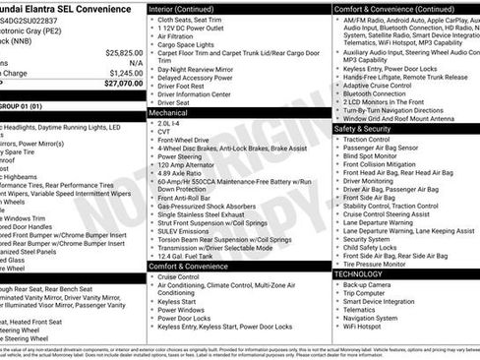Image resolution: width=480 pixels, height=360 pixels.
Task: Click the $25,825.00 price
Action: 123,52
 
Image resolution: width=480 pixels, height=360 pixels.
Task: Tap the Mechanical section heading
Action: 168,113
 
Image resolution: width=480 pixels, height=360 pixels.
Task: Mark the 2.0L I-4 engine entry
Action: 169,124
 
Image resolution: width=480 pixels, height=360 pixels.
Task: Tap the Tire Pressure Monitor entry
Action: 377,264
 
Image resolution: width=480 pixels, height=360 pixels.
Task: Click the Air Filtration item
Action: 177,36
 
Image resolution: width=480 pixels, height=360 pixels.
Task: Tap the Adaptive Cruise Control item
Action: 379,85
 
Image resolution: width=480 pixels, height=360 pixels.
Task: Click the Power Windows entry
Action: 180,310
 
